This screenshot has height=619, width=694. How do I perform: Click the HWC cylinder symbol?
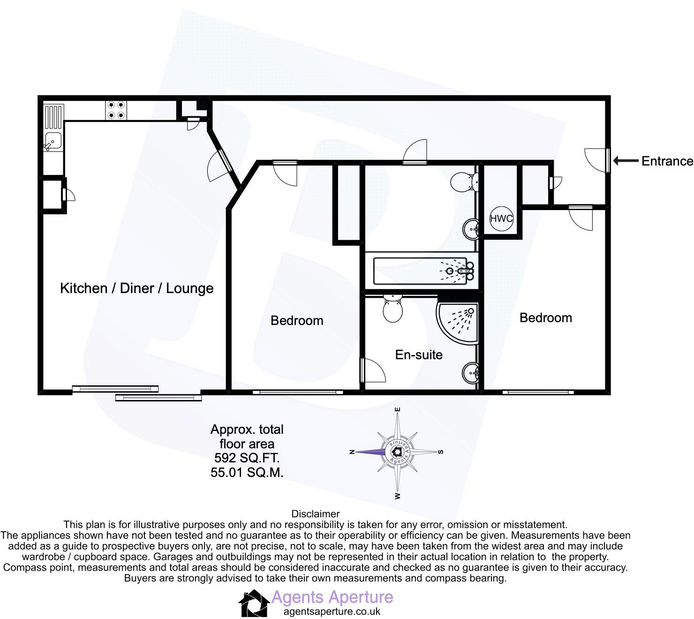[501, 218]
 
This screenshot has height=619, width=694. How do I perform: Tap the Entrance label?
[667, 161]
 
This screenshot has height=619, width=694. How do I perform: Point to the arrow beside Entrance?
[626, 161]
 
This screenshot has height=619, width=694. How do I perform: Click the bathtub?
[420, 271]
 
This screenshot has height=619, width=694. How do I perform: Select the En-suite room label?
[419, 355]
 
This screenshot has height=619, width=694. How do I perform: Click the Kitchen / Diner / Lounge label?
[136, 288]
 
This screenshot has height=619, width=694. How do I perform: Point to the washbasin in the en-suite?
[470, 373]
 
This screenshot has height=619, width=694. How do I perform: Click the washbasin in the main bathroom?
[470, 229]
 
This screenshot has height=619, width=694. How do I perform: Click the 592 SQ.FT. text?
[247, 458]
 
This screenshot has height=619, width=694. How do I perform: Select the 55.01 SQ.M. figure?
[247, 472]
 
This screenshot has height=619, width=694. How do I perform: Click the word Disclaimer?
[315, 514]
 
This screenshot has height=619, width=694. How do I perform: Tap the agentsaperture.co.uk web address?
[332, 611]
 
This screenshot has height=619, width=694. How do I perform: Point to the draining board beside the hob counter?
[53, 117]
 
